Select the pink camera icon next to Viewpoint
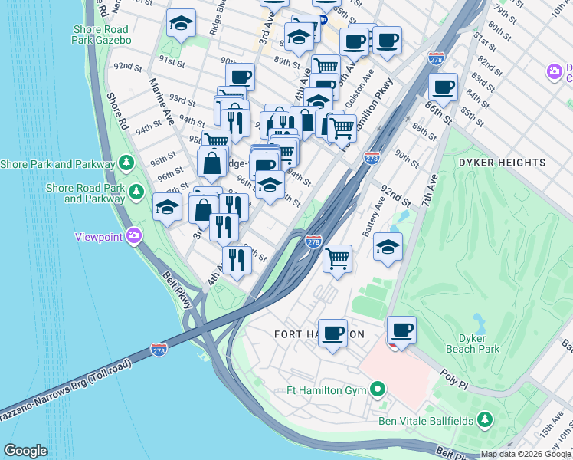[x=135, y=236]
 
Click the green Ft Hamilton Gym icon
[x=376, y=389]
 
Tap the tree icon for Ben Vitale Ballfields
[x=484, y=419]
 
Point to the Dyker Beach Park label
[x=479, y=343]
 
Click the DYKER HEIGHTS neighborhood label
[x=502, y=163]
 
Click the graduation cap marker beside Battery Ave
[x=388, y=247]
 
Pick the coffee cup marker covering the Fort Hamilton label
[x=332, y=333]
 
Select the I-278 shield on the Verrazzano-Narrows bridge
[x=159, y=350]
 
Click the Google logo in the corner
[x=25, y=451]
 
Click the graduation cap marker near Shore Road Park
[x=167, y=206]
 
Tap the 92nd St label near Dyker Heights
[x=396, y=195]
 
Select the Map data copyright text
[x=525, y=454]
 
